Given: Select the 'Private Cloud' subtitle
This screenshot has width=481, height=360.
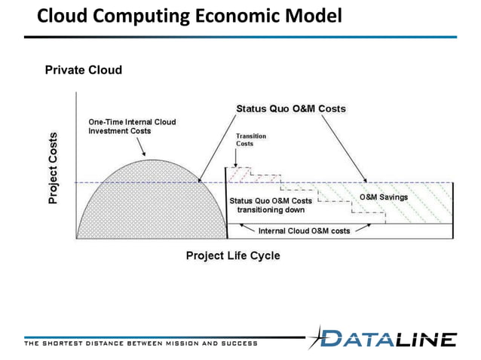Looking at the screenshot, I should (84, 70).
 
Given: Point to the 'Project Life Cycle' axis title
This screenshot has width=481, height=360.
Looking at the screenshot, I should (233, 255).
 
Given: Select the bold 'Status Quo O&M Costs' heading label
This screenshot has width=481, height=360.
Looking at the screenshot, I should (291, 108).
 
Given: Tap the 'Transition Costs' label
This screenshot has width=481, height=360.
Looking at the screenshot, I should (250, 139).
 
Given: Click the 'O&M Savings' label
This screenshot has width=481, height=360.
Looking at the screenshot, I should (383, 197).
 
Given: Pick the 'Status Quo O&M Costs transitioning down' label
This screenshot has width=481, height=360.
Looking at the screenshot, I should (270, 205).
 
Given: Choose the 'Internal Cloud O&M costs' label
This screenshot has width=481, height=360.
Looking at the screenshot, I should (304, 230).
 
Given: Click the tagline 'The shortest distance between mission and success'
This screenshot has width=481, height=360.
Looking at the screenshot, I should (141, 343).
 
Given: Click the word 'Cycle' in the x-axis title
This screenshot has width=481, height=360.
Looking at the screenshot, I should (264, 255).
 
